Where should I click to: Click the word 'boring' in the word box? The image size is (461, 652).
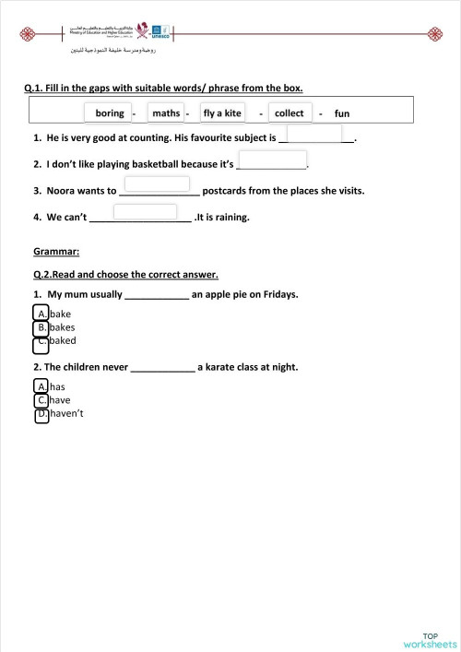click(110, 113)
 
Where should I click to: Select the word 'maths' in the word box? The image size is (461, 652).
click(166, 113)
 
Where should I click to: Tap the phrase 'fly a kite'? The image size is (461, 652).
click(222, 113)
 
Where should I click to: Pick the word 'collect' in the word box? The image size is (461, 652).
click(290, 113)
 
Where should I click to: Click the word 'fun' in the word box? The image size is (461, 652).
click(342, 114)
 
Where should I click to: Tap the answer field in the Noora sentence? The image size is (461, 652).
click(157, 184)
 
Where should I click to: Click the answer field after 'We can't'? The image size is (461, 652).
click(145, 212)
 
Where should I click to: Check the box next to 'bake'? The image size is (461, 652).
click(41, 314)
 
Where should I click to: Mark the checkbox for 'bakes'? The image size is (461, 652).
click(41, 327)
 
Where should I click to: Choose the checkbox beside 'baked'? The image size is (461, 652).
click(41, 346)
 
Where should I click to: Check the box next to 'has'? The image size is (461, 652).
click(41, 386)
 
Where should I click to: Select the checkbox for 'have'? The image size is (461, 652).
click(41, 400)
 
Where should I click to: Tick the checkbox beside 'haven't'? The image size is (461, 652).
click(41, 415)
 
